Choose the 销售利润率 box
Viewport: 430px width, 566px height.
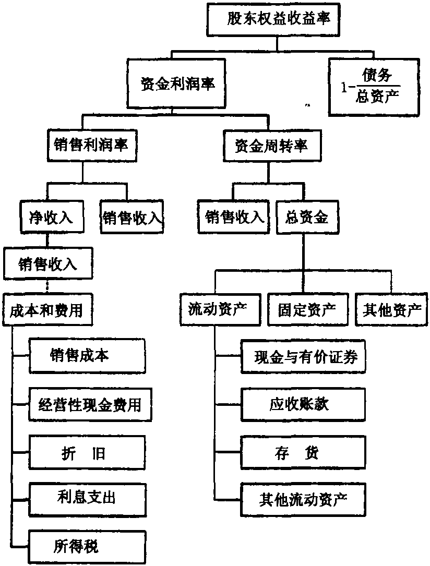click(90, 144)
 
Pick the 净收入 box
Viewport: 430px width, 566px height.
click(52, 216)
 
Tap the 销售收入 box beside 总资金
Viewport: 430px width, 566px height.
click(234, 216)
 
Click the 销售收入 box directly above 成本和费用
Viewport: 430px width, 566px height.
click(47, 264)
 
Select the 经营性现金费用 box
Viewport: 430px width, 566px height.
click(90, 405)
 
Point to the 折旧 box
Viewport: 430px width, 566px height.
click(87, 452)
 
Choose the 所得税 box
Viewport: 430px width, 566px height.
click(87, 547)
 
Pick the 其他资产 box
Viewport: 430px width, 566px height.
click(392, 311)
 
